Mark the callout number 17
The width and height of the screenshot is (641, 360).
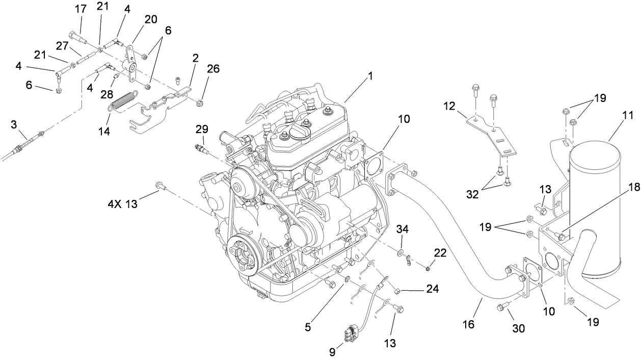[81, 9]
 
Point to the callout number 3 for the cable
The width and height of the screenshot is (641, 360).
[14, 125]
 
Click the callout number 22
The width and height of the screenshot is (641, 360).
[440, 252]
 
